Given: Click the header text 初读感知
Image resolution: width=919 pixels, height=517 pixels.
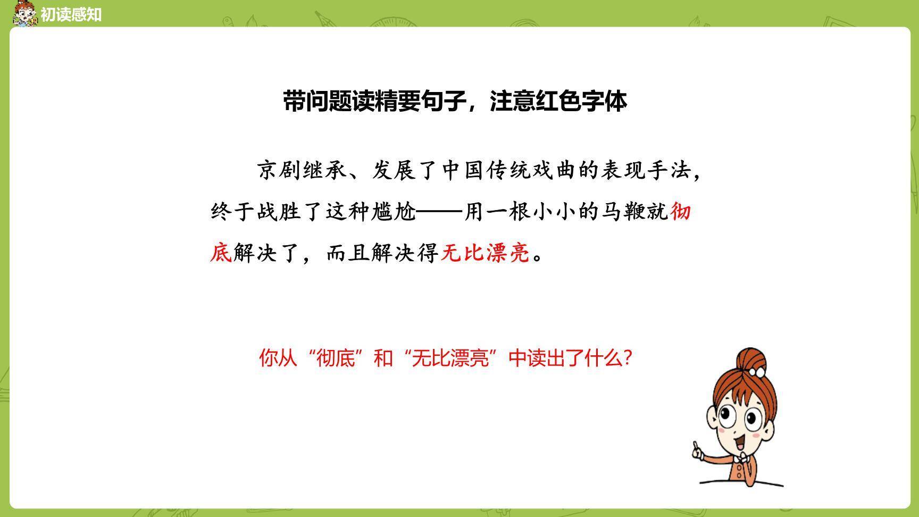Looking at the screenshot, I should tap(71, 14).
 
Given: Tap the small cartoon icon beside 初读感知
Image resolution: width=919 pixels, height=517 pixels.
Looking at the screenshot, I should tap(24, 14).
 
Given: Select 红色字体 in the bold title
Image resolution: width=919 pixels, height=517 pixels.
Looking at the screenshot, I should tap(581, 101).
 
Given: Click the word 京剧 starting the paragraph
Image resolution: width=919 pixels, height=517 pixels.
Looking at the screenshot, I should tap(280, 170).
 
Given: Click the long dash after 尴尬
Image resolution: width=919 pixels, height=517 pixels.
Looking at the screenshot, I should tap(439, 212).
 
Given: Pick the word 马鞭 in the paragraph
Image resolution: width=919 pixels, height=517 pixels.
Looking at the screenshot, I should tap(623, 212).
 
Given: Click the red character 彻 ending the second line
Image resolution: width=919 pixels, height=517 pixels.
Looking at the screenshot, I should tap(680, 212).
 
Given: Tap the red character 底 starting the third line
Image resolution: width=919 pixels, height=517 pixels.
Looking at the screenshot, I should tap(221, 253).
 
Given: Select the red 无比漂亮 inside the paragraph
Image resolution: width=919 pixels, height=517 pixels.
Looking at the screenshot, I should tap(485, 253).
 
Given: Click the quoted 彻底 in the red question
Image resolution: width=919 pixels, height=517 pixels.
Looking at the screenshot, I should tap(336, 358).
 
